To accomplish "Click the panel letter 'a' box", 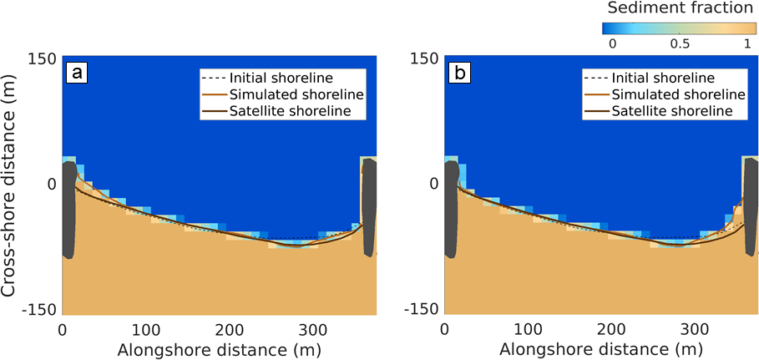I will pyautogui.click(x=78, y=74).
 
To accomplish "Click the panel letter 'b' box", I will pyautogui.click(x=460, y=74).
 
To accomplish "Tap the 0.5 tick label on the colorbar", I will pyautogui.click(x=679, y=43).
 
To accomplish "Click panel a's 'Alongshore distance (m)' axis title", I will pyautogui.click(x=219, y=347).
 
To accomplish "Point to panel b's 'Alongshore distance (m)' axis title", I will pyautogui.click(x=601, y=347).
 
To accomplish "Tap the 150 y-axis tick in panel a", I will pyautogui.click(x=43, y=58).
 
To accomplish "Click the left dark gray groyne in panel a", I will pyautogui.click(x=68, y=209).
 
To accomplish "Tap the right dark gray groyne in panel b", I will pyautogui.click(x=751, y=209).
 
